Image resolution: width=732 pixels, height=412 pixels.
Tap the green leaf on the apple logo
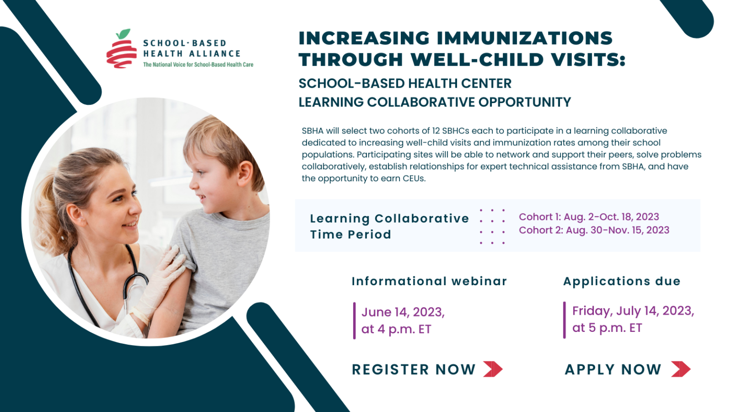coord(124,34)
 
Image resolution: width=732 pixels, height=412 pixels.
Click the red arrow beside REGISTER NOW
coord(493,369)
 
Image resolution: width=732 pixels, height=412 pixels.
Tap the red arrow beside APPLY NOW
coord(681,369)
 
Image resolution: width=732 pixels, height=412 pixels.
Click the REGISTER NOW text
coord(414,370)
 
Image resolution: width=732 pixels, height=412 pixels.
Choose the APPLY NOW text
coord(613,370)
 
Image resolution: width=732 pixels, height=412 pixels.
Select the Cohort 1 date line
coord(589,217)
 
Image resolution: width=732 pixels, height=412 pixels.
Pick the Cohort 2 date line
coord(594,230)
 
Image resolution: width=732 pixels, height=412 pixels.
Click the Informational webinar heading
coord(429,281)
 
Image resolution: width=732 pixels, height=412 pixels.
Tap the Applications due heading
coord(621,281)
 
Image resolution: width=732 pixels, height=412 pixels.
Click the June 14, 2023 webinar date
coord(403,312)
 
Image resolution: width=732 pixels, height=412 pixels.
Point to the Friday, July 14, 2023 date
coord(633,311)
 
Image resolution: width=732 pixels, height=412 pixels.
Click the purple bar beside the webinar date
coord(354,320)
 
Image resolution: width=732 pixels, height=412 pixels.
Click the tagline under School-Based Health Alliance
coord(198,65)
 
